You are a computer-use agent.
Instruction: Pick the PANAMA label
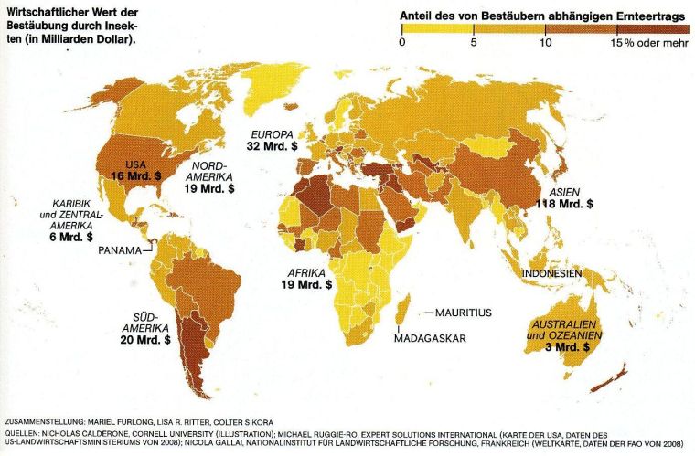[x=121, y=250]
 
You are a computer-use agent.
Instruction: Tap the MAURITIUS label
[x=463, y=313]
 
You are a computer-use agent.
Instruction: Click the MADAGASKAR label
[x=430, y=339]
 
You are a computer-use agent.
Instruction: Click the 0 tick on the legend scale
[x=402, y=43]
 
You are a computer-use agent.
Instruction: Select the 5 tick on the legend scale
[x=473, y=43]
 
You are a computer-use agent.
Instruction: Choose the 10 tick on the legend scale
[x=545, y=43]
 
